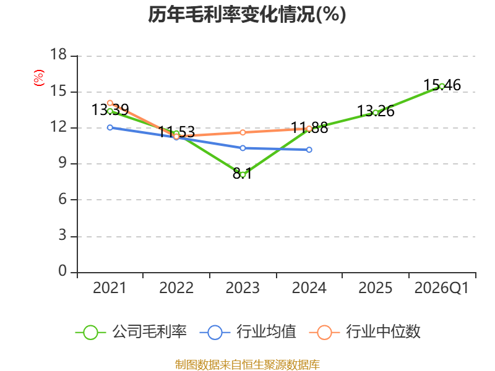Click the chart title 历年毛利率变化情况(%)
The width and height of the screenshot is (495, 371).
click(247, 14)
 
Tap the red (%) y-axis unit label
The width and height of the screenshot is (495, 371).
click(38, 79)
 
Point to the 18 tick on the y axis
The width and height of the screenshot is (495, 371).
click(58, 56)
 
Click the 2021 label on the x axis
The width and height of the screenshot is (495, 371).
click(110, 288)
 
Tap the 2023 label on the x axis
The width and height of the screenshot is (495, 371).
click(243, 288)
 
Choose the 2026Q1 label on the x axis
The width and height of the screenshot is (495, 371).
click(441, 288)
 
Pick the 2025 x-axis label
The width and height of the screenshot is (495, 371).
click(375, 288)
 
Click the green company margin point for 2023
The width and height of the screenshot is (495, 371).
click(243, 174)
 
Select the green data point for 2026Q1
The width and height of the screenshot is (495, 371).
click(442, 86)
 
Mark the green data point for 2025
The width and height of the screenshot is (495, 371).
click(376, 113)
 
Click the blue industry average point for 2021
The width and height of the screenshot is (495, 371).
click(110, 127)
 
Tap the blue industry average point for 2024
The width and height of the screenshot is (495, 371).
click(309, 150)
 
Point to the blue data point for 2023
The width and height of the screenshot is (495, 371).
click(243, 148)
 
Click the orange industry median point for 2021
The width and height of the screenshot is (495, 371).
click(110, 103)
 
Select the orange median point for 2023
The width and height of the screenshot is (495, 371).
click(243, 132)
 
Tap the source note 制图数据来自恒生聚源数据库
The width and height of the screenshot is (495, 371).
click(247, 364)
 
